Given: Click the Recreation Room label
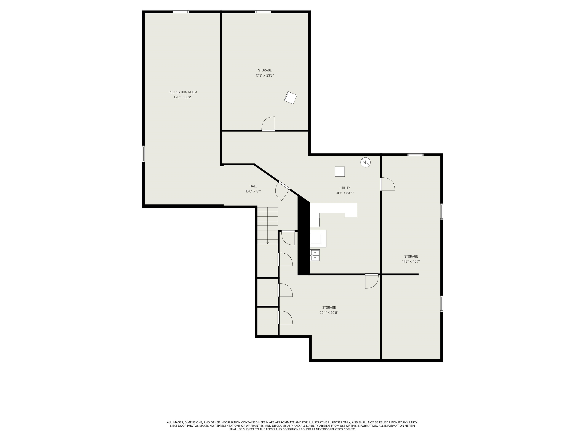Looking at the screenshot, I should pos(183,92).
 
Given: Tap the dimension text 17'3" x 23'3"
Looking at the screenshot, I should pos(265,75).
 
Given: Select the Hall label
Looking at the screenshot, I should pos(253,186).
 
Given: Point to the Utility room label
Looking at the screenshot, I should pos(345,188).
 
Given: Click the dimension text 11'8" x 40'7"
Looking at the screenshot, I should pos(411,261).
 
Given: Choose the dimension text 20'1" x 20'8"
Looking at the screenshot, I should pos(329,312).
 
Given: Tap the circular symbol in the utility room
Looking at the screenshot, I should pos(365,162).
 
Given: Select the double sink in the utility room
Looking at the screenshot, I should pos(315,255).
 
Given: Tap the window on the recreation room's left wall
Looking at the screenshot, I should pos(143,153).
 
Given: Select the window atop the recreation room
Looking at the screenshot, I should pos(181,12).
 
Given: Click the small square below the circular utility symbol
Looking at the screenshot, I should pos(340,171).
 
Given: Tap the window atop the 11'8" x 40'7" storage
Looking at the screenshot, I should pos(415,155).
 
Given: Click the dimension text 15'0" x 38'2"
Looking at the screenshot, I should pos(183,97).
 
